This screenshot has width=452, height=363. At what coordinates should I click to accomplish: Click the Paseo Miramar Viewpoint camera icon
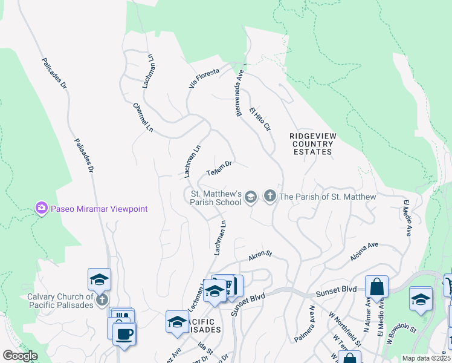click(x=41, y=209)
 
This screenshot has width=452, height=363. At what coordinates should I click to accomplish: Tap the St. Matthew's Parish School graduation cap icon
click(x=251, y=197)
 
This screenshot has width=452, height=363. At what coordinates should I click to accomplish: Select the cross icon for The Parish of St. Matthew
click(x=270, y=197)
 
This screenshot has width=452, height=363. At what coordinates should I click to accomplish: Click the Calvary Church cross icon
click(x=103, y=299)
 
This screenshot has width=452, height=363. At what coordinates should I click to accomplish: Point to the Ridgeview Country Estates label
click(x=312, y=144)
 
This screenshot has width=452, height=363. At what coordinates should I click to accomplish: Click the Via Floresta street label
click(x=204, y=79)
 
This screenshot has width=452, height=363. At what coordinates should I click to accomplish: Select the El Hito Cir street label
click(x=260, y=119)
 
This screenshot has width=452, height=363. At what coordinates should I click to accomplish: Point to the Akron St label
click(x=260, y=257)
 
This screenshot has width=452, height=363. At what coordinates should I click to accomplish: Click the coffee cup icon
click(x=124, y=333)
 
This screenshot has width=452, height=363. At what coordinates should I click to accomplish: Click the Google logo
click(x=21, y=356)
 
